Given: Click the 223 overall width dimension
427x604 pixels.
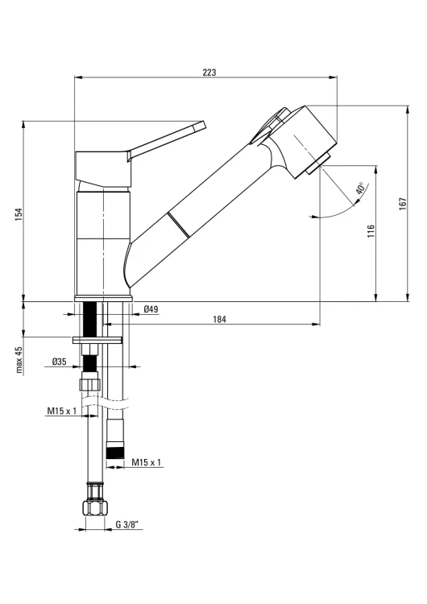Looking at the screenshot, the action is coord(209,72).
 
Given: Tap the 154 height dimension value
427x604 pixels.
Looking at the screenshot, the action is coord(19,214).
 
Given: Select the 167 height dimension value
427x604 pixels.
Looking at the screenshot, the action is coord(403,204).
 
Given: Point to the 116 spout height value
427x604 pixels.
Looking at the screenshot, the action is coord(371,231).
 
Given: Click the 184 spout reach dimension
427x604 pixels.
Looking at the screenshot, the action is coord(219,319).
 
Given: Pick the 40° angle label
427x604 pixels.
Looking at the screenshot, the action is coord(361,188).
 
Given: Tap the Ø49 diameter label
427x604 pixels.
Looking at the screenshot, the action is coord(151,309).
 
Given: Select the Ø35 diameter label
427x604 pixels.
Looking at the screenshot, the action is coord(60,362).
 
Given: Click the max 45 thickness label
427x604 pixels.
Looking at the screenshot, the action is coord(19,360).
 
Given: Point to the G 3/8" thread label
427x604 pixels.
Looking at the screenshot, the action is coord(126,524).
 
